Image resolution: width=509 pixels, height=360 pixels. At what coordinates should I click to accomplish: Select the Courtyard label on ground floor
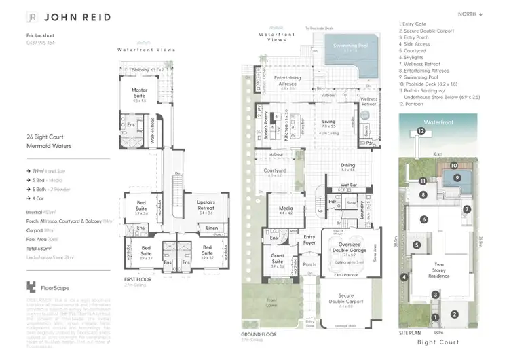click(x=274, y=171)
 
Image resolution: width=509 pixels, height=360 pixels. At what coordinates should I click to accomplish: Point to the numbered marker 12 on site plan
click(x=421, y=132)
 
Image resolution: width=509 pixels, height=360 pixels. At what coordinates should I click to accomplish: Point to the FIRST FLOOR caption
click(x=137, y=280)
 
